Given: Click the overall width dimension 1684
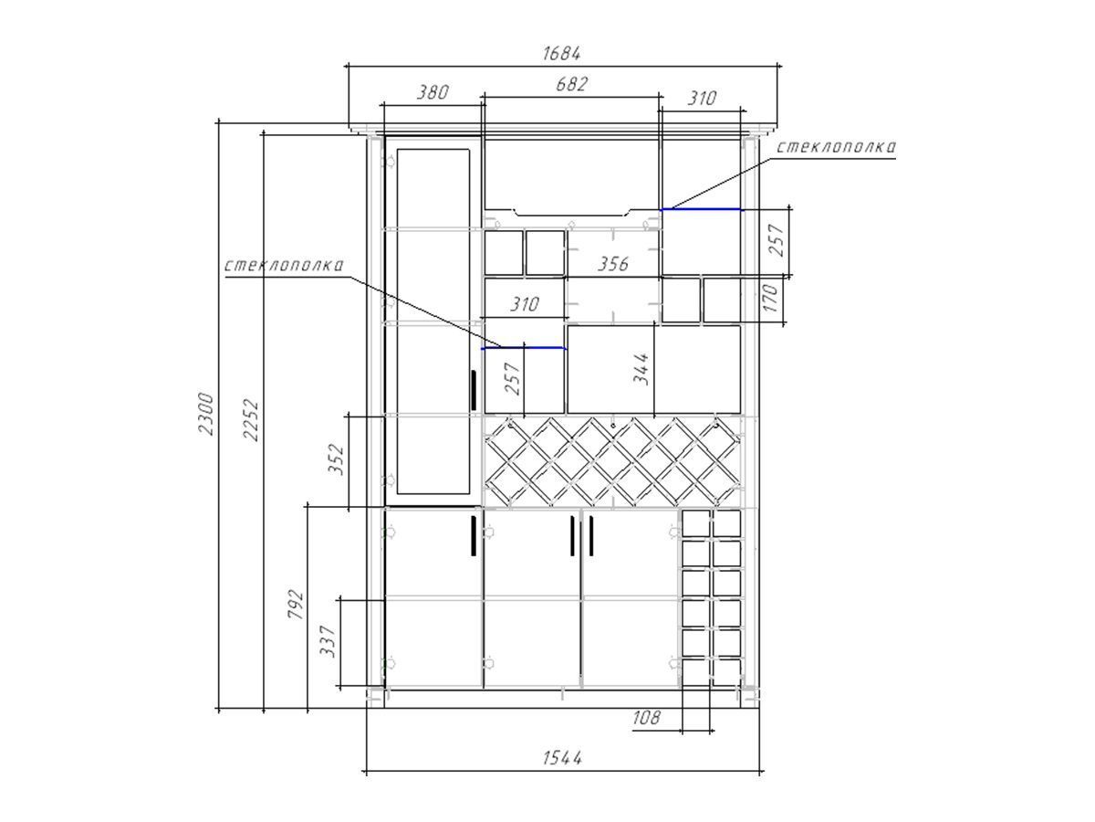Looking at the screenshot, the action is (561, 53).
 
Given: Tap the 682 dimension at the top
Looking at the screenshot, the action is (571, 84).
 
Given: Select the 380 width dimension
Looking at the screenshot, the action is (433, 92).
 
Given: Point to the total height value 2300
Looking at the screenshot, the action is (206, 414).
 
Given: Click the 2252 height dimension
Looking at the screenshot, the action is (251, 420).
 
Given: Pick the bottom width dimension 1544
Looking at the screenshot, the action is (562, 758).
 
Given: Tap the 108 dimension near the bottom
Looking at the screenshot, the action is (647, 718).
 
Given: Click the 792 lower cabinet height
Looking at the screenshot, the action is (296, 604).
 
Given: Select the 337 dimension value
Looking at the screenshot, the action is (328, 641).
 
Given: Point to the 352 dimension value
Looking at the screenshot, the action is (336, 458).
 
